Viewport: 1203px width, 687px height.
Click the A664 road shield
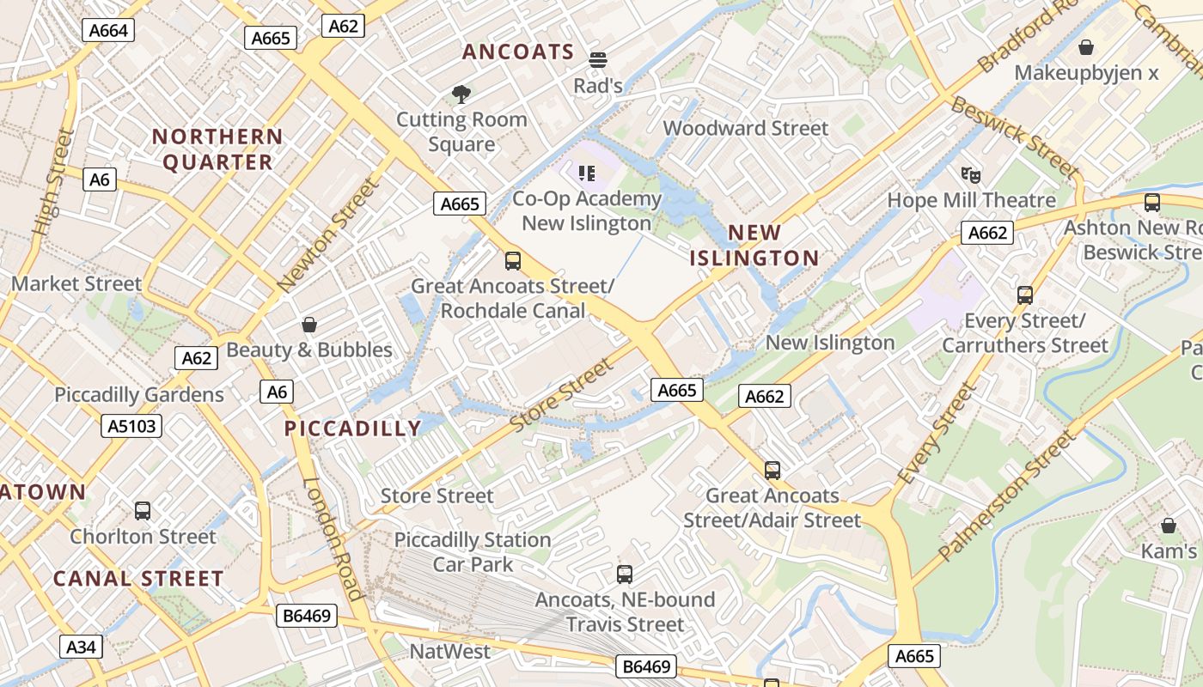point(108,31)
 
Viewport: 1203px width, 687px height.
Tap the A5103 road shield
point(131,426)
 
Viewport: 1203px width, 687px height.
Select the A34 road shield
point(81,647)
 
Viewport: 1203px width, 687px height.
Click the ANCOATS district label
point(518,52)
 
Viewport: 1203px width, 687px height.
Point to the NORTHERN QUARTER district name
point(217,149)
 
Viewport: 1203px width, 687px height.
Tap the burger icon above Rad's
point(598,60)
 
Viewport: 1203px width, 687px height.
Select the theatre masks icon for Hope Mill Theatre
point(971,175)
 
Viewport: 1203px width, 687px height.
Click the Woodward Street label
point(746,128)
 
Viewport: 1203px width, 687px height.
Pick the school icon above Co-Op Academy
point(588,173)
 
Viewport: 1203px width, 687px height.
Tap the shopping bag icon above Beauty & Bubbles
point(309,325)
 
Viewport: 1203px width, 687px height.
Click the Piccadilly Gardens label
point(139,395)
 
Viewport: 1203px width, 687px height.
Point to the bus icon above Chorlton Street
point(143,511)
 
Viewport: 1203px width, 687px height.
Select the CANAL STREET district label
point(138,579)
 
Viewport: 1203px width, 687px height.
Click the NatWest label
point(450,651)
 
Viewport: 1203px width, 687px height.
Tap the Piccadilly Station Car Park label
point(473,552)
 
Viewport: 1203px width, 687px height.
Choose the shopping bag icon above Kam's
point(1169,526)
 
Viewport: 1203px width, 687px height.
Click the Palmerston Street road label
point(1006,496)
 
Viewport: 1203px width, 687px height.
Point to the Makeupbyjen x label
point(1086,72)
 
